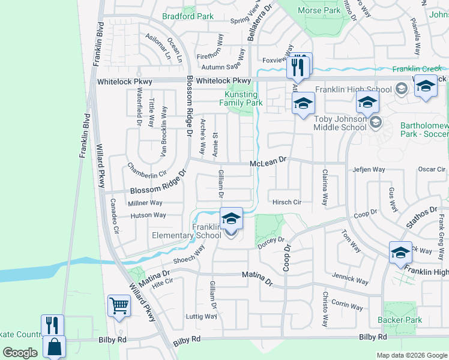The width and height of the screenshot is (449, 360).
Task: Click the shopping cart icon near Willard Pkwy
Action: [119, 306]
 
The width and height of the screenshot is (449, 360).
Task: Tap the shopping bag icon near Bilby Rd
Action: [54, 347]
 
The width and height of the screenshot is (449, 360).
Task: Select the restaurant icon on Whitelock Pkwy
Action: [298, 66]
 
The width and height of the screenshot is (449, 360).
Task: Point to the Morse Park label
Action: [319, 10]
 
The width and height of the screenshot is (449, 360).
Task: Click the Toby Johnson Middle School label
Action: [340, 123]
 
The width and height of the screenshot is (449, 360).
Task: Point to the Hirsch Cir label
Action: [286, 202]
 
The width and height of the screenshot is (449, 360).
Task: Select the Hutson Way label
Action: [148, 215]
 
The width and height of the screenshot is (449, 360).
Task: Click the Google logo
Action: [20, 353]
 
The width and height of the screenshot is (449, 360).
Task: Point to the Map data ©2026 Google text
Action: [412, 355]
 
